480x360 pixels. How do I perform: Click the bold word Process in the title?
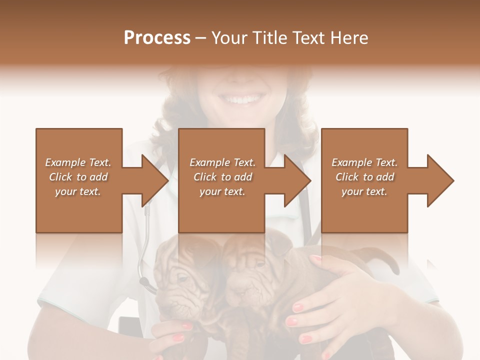click(157, 37)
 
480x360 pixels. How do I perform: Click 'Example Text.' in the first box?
click(78, 162)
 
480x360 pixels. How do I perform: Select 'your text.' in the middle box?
click(222, 191)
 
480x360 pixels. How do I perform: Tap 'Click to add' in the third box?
click(365, 177)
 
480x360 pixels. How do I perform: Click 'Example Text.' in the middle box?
click(222, 162)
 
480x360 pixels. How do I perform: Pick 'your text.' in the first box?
click(78, 191)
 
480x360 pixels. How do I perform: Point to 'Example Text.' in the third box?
click(365, 162)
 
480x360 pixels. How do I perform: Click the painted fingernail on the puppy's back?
click(315, 258)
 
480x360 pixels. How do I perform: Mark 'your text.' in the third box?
click(365, 191)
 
